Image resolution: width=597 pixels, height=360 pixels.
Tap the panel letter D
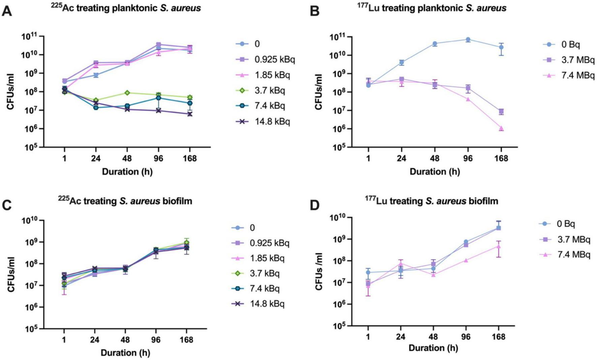click(x=314, y=205)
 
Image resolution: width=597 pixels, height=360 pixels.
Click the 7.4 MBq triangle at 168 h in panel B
click(x=501, y=128)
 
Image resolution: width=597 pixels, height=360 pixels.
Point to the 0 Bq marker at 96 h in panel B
click(x=468, y=39)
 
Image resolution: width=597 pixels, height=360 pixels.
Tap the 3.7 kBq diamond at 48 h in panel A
click(x=127, y=93)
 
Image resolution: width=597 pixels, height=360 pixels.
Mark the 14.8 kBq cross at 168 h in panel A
click(x=190, y=114)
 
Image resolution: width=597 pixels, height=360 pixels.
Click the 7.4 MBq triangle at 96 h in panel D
click(x=466, y=260)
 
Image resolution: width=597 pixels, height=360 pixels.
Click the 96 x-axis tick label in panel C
click(x=155, y=339)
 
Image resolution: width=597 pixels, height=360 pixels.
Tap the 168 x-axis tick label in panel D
click(x=499, y=336)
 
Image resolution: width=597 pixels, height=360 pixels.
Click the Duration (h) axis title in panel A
click(x=127, y=172)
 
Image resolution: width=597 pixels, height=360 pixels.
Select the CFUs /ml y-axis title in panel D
click(x=319, y=271)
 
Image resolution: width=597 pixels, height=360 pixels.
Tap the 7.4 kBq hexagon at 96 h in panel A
click(x=158, y=98)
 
